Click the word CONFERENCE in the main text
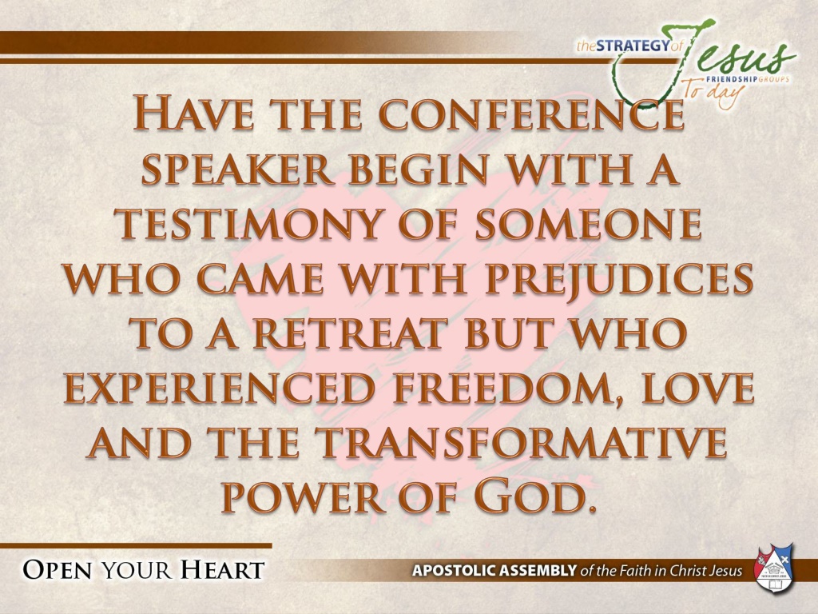pyautogui.click(x=531, y=113)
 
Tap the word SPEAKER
pyautogui.click(x=238, y=169)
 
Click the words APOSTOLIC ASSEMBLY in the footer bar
pyautogui.click(x=494, y=569)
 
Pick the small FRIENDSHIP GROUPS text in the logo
pyautogui.click(x=747, y=79)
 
